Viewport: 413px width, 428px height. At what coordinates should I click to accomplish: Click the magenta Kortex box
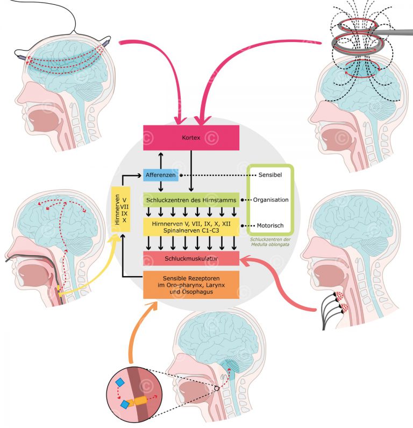(191, 137)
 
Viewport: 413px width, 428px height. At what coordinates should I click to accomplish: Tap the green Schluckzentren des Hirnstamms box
(191, 199)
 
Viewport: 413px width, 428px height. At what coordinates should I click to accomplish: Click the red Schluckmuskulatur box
(191, 258)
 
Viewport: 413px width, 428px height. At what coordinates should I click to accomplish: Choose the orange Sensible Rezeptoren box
(191, 284)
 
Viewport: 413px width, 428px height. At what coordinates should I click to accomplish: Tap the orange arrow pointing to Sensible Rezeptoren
(137, 334)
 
